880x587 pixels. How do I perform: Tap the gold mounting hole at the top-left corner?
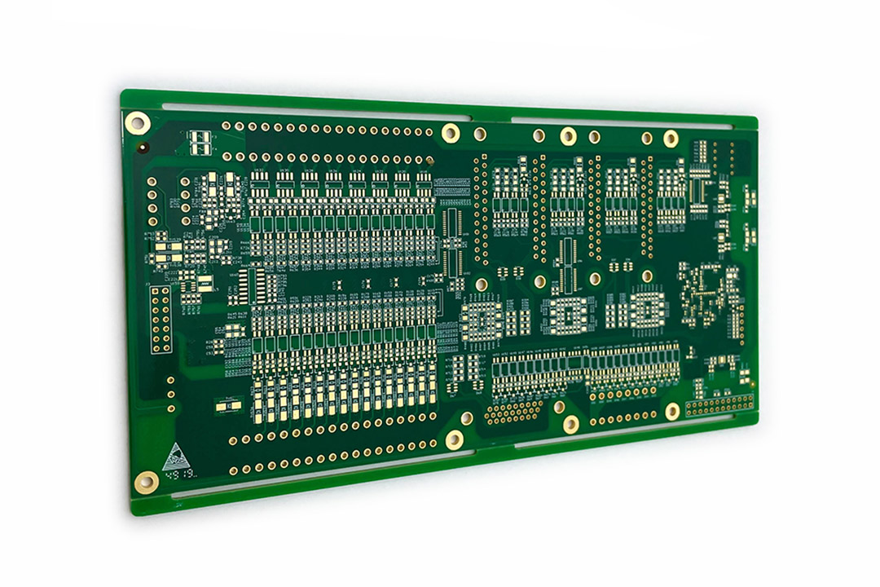pos(137,124)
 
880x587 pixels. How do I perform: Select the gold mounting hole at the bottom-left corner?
pos(146,482)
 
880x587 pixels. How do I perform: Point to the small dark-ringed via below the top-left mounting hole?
pos(143,148)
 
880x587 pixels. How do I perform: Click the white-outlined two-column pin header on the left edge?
pos(161,320)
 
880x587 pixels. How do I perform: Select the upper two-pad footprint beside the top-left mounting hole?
pos(200,136)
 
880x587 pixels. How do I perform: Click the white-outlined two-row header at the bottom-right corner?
pos(719,404)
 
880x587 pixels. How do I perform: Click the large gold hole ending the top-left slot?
pos(450,132)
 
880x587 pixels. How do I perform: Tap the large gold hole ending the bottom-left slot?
pos(454,440)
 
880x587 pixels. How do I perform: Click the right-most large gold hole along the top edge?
pos(671,139)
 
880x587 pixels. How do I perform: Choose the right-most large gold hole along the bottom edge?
pos(672,411)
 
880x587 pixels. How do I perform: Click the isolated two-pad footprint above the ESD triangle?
pos(226,405)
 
